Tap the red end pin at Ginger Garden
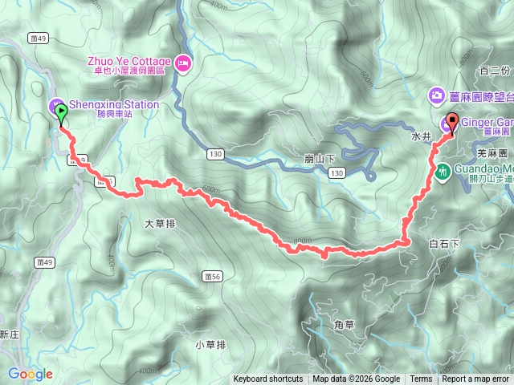click(x=451, y=123)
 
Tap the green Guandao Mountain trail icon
click(x=443, y=171)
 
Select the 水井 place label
click(x=422, y=137)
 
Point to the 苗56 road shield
click(x=212, y=276)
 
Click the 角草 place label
click(x=343, y=324)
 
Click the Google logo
click(x=31, y=374)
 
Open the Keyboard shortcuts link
click(x=268, y=379)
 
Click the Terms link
click(x=421, y=379)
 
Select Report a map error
click(x=475, y=379)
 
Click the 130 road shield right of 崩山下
click(x=337, y=173)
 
